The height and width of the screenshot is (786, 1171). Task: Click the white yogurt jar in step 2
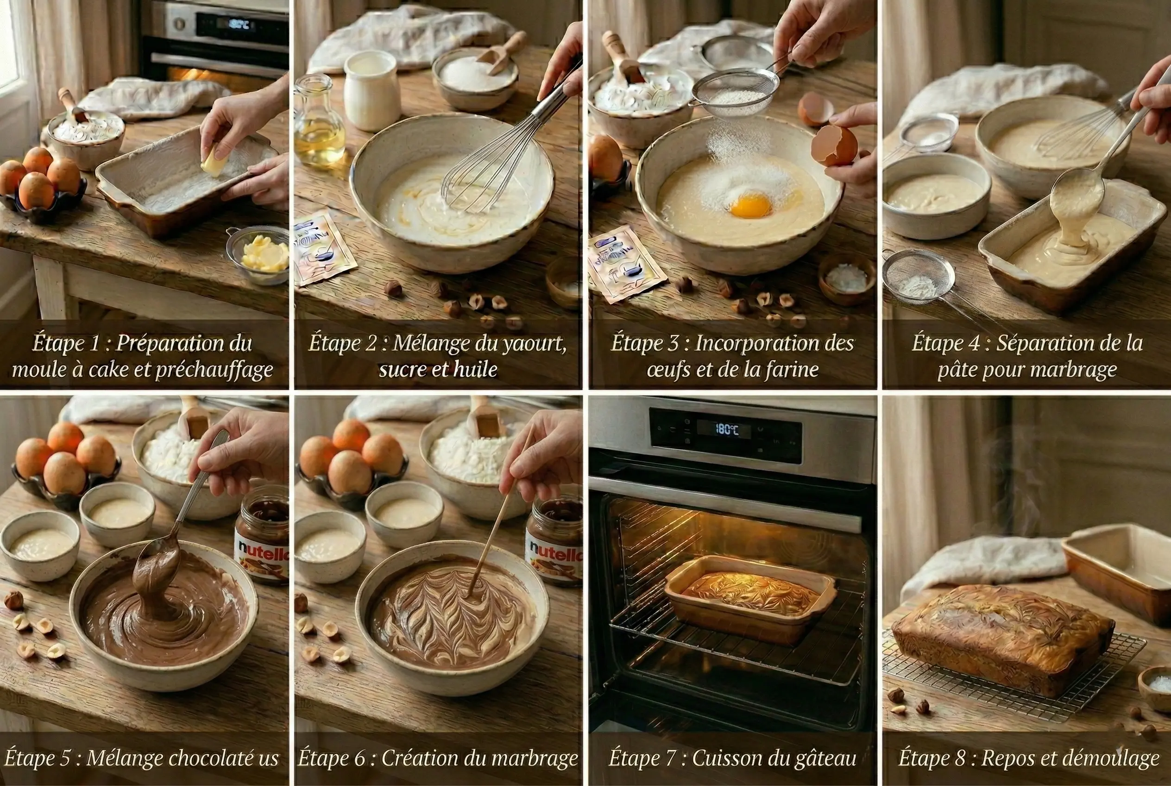pyautogui.click(x=372, y=90)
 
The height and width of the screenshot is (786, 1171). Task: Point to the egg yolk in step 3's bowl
pyautogui.click(x=750, y=205)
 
